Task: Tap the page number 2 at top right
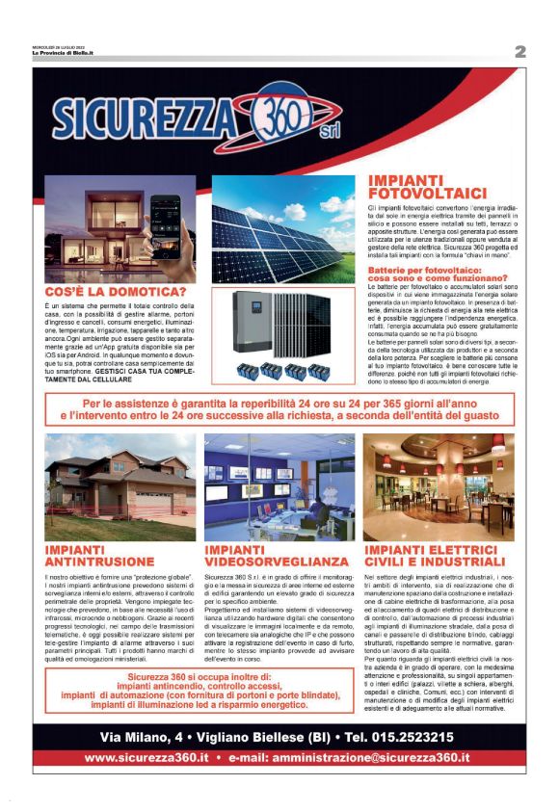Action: [520, 52]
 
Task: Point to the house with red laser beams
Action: [120, 487]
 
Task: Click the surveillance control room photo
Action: [279, 487]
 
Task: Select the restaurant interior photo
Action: [439, 487]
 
